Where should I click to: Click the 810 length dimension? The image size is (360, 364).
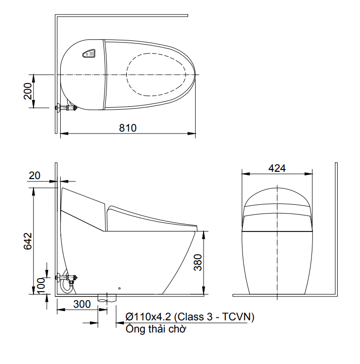click(128, 128)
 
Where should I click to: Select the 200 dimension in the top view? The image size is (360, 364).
click(28, 91)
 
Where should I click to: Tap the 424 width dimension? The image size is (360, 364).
click(277, 168)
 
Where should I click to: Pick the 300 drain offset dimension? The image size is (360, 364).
click(82, 304)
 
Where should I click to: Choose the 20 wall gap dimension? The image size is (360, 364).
click(34, 176)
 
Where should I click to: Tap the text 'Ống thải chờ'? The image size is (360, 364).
click(155, 330)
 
